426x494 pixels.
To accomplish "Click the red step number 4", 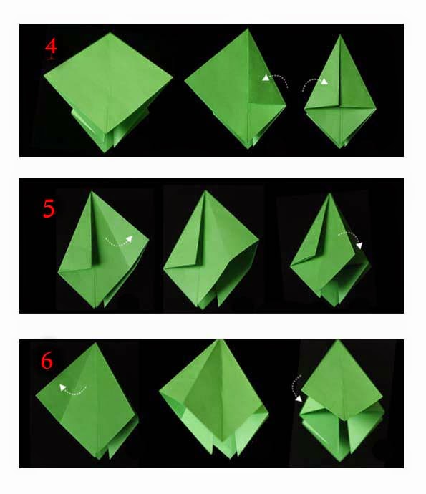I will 51,47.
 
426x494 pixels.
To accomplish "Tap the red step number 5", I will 49,208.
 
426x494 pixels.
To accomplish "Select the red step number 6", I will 47,361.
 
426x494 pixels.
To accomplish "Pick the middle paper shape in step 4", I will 236,89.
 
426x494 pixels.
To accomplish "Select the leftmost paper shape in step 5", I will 104,254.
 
